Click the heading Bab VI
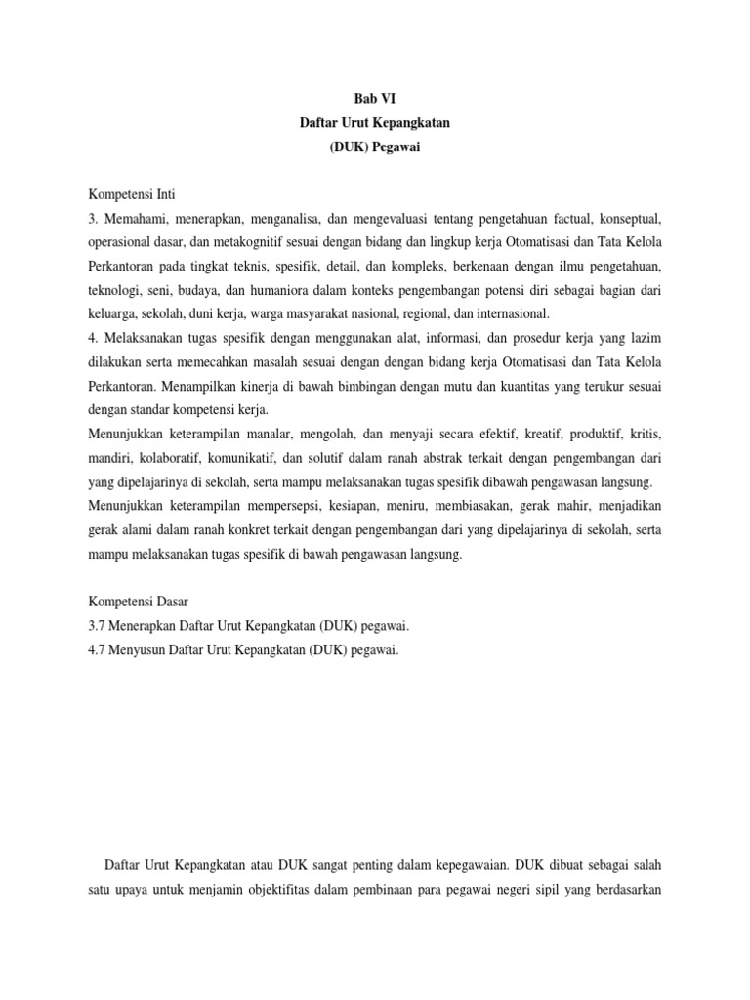tap(375, 98)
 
